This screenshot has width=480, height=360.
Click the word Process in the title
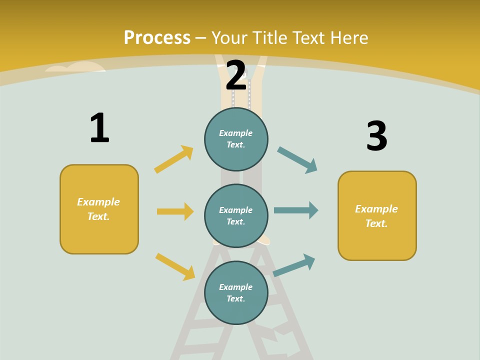[x=157, y=38]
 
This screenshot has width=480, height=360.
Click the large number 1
[x=99, y=128]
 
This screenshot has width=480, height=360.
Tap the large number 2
[x=236, y=75]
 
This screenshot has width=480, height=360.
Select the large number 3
[x=376, y=136]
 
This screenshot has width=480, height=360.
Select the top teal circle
[x=236, y=139]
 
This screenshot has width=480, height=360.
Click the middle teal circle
[x=236, y=215]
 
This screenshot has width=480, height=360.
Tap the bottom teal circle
[x=236, y=292]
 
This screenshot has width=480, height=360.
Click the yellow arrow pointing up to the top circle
[x=174, y=159]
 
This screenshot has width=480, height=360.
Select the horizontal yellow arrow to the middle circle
[x=175, y=211]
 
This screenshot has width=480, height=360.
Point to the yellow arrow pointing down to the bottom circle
[x=175, y=266]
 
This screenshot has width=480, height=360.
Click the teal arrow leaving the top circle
[x=297, y=160]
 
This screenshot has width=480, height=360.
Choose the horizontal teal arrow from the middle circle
[x=296, y=210]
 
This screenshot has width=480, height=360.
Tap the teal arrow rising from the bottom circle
[x=294, y=265]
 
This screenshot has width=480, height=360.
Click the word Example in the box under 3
[x=376, y=209]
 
